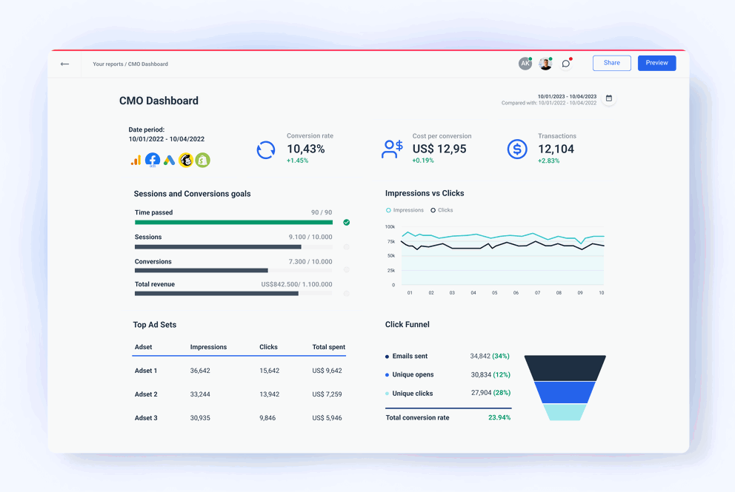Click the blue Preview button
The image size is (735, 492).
(656, 63)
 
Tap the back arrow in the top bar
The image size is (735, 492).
(64, 64)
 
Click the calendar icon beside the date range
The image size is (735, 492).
(609, 98)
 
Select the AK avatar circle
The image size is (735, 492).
(525, 64)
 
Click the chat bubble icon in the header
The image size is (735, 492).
(566, 64)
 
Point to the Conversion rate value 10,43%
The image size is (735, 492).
(305, 149)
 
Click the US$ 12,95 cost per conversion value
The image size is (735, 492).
(439, 149)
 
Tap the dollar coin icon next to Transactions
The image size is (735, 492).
(517, 149)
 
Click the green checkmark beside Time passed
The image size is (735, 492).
(347, 222)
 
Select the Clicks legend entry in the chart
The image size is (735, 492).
(442, 210)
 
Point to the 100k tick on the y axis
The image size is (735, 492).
(390, 226)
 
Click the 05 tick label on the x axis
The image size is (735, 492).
(495, 293)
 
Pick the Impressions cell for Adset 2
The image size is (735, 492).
(200, 394)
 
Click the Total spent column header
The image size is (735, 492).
(328, 347)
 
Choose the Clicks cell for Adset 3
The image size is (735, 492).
(267, 418)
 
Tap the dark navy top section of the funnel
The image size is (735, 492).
(565, 368)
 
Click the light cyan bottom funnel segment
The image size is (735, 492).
(565, 412)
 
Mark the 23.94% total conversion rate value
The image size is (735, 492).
(499, 417)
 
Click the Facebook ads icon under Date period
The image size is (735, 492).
(153, 160)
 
